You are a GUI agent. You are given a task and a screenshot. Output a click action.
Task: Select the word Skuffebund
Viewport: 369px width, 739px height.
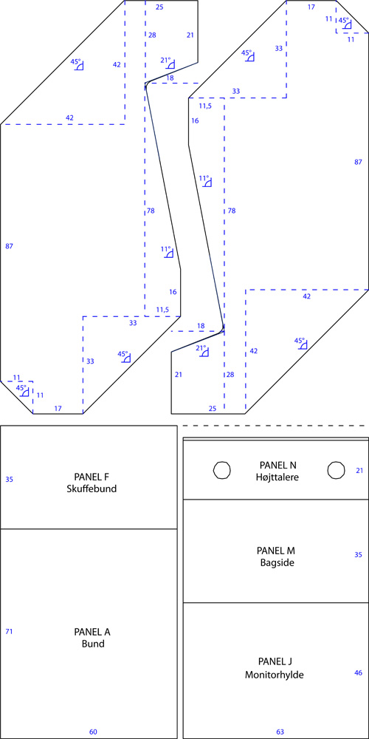click(92, 488)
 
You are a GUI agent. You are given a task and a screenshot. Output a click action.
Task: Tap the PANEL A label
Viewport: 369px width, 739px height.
click(92, 632)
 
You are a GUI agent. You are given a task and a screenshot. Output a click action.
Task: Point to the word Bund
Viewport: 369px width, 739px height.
click(92, 644)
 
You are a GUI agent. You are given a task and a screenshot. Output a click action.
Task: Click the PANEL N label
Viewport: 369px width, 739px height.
click(277, 465)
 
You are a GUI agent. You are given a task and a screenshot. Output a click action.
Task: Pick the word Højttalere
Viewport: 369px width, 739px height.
click(277, 477)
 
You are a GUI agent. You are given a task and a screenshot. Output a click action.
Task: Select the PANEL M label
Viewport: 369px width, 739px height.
click(276, 551)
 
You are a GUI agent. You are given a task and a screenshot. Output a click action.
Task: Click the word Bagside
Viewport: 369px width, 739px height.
click(277, 562)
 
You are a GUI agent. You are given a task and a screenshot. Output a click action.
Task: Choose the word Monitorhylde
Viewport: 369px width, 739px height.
click(274, 675)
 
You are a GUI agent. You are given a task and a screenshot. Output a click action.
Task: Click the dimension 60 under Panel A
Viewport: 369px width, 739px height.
click(93, 732)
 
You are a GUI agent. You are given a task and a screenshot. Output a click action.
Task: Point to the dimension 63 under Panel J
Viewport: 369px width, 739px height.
click(280, 732)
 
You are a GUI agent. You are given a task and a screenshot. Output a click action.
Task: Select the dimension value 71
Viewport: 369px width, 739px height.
click(9, 631)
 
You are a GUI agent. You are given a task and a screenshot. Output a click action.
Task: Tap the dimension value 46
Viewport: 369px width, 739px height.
click(358, 672)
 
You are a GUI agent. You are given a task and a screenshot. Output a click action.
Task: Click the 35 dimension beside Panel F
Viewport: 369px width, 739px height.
click(9, 480)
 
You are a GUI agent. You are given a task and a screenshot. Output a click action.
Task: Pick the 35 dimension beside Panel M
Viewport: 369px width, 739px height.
click(358, 555)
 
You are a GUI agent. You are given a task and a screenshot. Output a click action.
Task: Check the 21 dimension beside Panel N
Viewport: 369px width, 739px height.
click(359, 470)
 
